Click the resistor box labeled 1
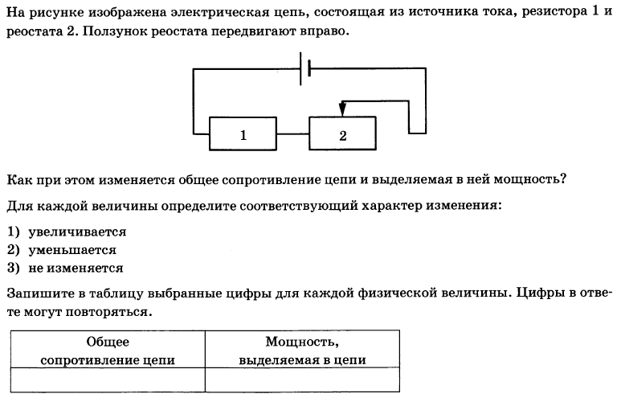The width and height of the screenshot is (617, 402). point(243,133)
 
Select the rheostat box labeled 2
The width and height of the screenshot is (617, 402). point(342,133)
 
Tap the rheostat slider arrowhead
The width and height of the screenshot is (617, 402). point(342,109)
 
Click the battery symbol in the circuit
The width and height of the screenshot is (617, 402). point(305,68)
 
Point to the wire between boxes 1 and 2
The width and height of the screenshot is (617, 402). point(292,134)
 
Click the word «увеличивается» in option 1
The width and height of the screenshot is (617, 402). point(77,232)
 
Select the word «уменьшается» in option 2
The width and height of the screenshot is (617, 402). point(72,250)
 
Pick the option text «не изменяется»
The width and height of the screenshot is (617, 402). point(76,268)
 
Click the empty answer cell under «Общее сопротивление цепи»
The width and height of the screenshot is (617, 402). point(108,380)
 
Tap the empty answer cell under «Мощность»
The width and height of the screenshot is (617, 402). point(302,380)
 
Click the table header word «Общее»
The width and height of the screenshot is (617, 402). point(108,342)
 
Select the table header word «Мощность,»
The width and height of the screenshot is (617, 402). point(302,342)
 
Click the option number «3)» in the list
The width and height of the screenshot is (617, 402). point(14,268)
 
